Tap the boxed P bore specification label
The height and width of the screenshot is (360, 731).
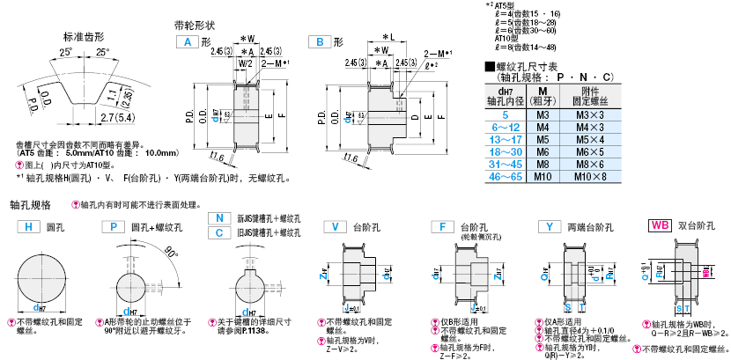112,226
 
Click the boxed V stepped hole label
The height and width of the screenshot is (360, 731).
335,226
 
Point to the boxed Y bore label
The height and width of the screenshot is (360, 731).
550,226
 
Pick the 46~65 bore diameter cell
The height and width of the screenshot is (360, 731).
505,177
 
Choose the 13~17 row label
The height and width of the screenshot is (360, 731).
505,140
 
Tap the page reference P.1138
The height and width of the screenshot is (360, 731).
255,333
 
